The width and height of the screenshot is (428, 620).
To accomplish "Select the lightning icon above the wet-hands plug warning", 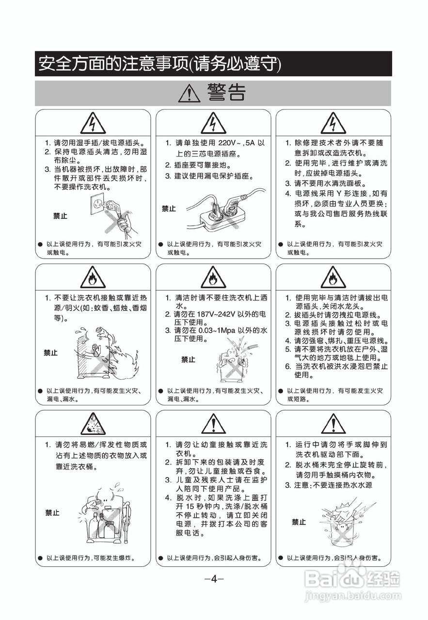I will pyautogui.click(x=93, y=124).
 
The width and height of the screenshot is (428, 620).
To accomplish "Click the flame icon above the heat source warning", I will pyautogui.click(x=93, y=278).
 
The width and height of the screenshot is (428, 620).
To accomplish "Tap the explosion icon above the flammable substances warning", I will pyautogui.click(x=93, y=424).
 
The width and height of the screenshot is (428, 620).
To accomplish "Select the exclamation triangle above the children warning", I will pyautogui.click(x=213, y=424).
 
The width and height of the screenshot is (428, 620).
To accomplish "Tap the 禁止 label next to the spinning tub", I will pyautogui.click(x=299, y=522).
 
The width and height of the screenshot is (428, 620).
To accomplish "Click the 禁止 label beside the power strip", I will pyautogui.click(x=169, y=209).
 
